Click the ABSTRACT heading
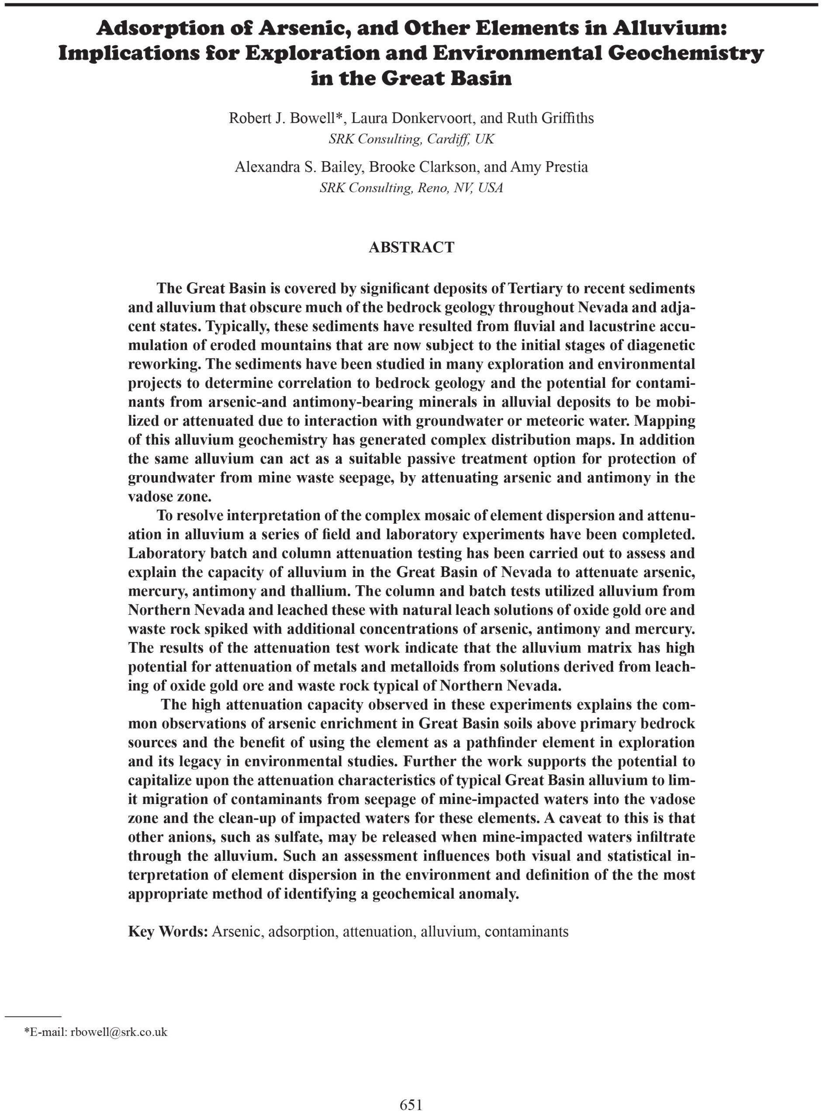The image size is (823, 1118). (x=411, y=247)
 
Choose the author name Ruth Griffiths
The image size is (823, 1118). (x=550, y=118)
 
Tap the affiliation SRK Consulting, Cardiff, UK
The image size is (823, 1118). (x=411, y=139)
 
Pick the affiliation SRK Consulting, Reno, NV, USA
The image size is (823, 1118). (x=411, y=188)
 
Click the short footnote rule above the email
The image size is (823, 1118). (x=32, y=1016)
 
